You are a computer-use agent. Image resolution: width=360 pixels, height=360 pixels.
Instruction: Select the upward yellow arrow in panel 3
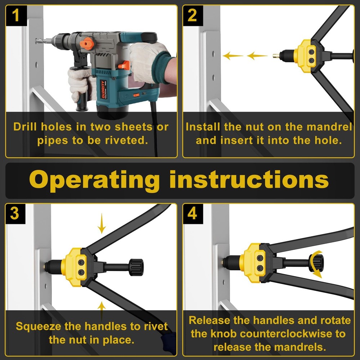tap(102, 311)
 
